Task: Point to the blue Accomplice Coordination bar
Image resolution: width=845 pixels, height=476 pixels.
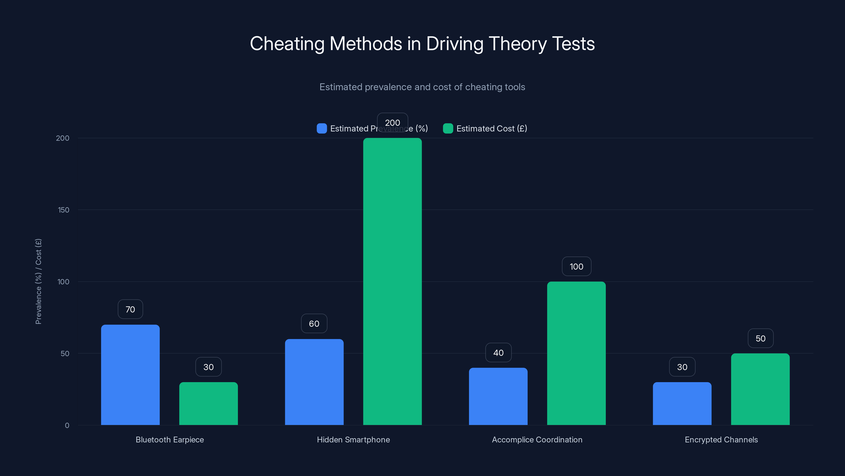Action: [498, 396]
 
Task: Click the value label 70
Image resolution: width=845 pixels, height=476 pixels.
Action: [130, 309]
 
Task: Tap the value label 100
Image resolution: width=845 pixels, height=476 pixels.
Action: [576, 266]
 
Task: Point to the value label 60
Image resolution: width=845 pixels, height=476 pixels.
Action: [314, 324]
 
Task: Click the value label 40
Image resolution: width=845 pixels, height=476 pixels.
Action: [498, 353]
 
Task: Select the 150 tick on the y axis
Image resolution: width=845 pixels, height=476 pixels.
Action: [63, 210]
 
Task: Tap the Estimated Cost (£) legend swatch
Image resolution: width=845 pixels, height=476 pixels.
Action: [448, 129]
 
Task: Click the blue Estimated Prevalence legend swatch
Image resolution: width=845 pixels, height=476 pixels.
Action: [321, 129]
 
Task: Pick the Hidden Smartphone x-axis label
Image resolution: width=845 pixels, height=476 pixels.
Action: [353, 440]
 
